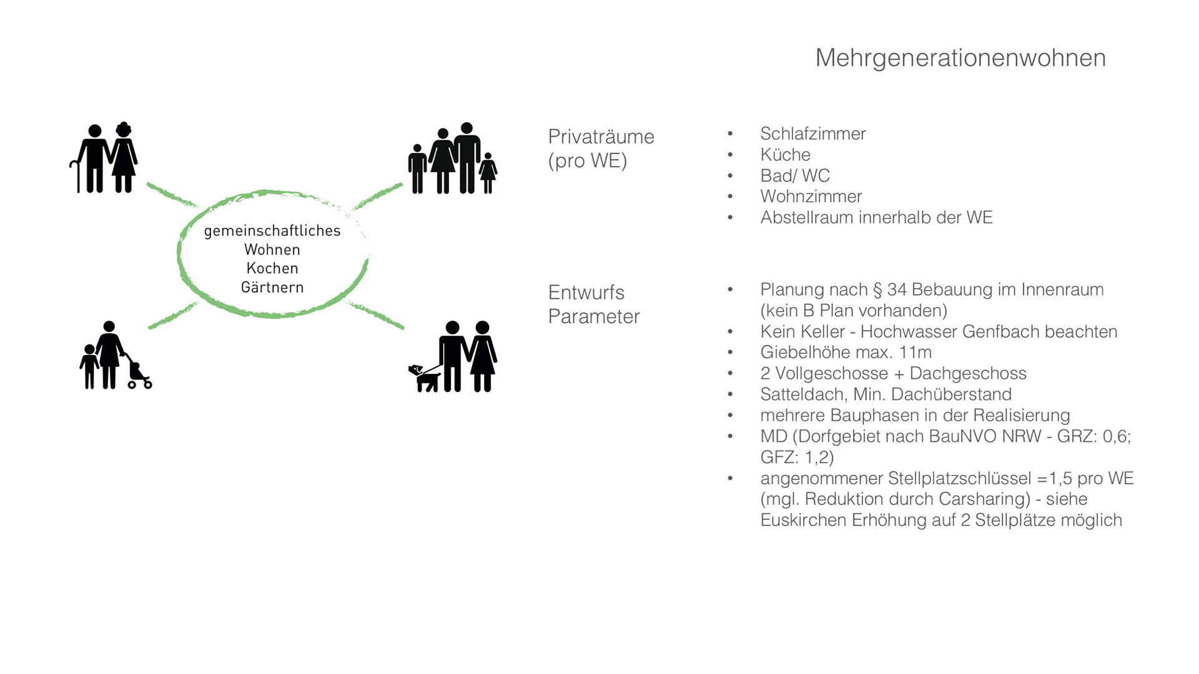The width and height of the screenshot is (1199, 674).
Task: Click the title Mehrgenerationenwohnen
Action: point(960,58)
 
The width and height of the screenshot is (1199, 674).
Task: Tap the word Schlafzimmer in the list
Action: point(812,134)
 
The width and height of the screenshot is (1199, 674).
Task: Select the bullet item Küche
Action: point(785,155)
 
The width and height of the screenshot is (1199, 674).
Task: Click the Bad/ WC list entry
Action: point(794,176)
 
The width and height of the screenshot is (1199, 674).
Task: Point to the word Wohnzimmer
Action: point(811,197)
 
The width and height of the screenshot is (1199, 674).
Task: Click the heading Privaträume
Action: point(601,137)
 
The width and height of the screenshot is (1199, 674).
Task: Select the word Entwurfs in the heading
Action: point(586,293)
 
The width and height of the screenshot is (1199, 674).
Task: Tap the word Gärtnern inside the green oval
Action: point(272,288)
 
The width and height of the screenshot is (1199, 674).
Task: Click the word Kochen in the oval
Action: point(272,268)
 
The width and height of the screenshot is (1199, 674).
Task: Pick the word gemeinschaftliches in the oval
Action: point(272,231)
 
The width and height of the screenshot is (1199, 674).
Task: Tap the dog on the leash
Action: point(425,378)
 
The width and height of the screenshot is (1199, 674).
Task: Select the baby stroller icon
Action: point(139,375)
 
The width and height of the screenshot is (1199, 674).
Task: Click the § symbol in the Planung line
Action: point(877,290)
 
